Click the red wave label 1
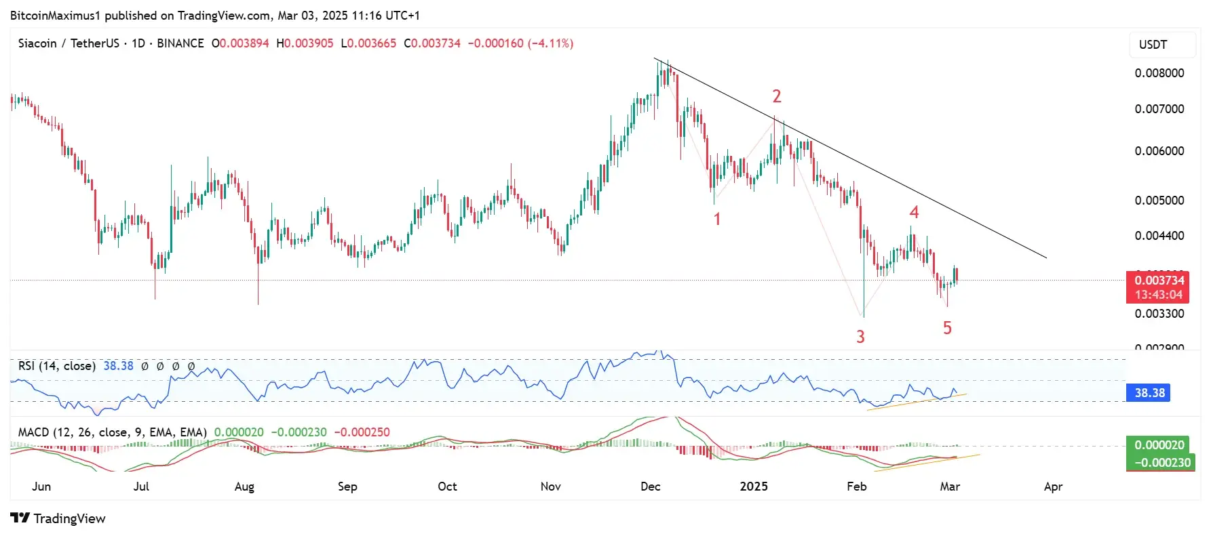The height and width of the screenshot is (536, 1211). click(716, 219)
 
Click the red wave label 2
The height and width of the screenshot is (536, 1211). click(777, 96)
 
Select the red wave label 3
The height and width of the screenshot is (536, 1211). click(860, 337)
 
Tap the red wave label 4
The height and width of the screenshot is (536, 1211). click(914, 213)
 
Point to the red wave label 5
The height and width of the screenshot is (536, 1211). click(947, 328)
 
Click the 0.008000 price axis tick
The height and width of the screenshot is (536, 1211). click(1159, 73)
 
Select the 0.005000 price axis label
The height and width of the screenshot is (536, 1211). click(1159, 201)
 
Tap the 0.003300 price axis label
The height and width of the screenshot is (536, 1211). click(1159, 314)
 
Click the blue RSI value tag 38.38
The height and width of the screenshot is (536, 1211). click(1149, 393)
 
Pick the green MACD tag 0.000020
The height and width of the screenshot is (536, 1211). click(1159, 445)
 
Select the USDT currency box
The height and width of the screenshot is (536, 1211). click(1161, 45)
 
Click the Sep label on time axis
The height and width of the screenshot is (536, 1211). click(347, 487)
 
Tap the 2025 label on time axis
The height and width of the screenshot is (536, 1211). click(753, 487)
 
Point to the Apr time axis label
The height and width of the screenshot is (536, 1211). click(1053, 487)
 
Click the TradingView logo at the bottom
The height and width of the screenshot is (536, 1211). click(58, 518)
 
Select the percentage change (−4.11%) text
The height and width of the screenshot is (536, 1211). click(551, 43)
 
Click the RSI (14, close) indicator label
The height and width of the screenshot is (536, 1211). click(57, 366)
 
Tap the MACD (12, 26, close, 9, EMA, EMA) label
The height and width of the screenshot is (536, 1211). click(112, 432)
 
